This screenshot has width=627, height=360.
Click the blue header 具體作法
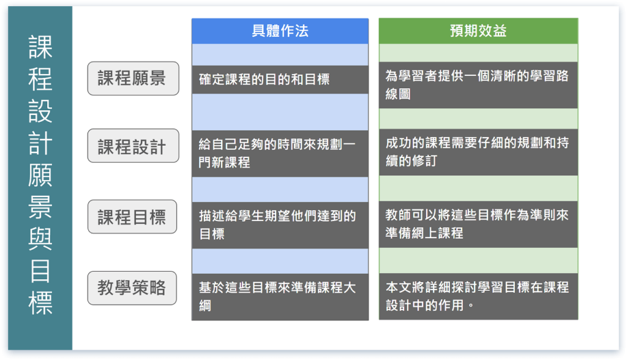click(280, 31)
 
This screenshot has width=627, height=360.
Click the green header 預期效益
click(478, 31)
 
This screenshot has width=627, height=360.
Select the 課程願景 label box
click(133, 78)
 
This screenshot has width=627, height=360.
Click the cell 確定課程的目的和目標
click(280, 80)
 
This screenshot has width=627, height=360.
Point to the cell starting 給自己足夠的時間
click(280, 154)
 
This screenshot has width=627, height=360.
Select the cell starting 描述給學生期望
click(280, 225)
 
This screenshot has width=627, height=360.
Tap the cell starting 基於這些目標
click(280, 296)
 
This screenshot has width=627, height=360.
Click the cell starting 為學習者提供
click(478, 84)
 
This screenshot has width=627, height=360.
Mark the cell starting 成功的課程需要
click(478, 152)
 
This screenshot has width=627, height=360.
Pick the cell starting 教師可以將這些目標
click(478, 224)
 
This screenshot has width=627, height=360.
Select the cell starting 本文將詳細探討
click(478, 296)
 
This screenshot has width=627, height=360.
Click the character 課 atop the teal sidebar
click(41, 48)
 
